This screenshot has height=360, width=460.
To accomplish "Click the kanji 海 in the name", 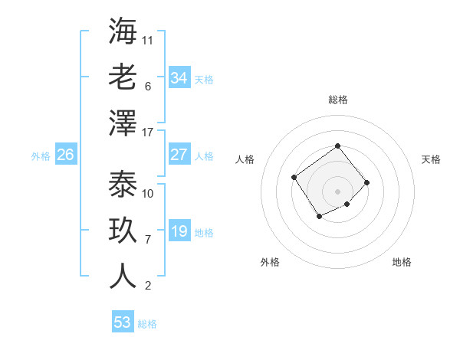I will pos(123,31).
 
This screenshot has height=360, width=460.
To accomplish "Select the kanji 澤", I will pos(123,122).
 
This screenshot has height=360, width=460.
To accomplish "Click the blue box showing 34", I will pos(179,78).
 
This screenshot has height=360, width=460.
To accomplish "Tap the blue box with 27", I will pos(179,155).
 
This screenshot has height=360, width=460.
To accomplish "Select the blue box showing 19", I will pos(179,232).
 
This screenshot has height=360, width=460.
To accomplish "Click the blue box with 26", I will pos(65,155).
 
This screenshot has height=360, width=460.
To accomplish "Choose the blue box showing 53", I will pos(123,322).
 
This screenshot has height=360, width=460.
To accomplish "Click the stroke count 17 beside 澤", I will pos(148,133).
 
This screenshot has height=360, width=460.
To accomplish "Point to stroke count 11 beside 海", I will pos(148,40).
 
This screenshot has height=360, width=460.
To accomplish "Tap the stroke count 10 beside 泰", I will pos(148,193).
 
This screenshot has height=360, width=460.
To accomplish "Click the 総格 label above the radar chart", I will pos(337,100).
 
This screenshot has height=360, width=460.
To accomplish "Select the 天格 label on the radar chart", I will pos(431,159).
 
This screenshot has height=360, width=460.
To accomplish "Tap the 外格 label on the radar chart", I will pos(270,263).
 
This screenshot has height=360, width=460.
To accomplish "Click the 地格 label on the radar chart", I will pos(402,263).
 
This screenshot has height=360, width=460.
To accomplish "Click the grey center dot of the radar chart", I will pos(337,190).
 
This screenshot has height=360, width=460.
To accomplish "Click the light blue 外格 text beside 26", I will pos(41,155).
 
